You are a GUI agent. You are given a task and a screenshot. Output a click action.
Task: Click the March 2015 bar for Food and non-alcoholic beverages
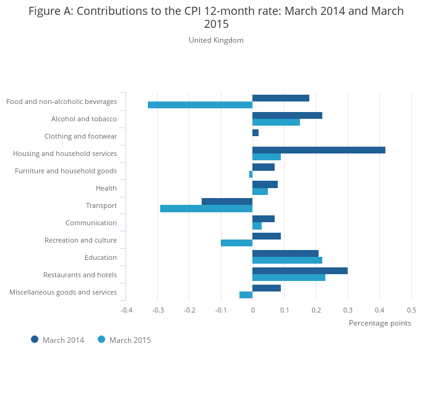point(200,105)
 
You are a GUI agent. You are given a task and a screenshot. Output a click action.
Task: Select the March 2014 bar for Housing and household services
point(319,150)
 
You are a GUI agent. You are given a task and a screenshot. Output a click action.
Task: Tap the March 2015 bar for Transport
point(206,209)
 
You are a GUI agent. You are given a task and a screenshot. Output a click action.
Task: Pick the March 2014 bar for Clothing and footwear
point(255,132)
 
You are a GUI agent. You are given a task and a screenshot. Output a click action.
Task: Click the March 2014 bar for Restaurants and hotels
point(300,270)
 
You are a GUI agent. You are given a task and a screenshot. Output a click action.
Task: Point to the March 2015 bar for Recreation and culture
point(236,243)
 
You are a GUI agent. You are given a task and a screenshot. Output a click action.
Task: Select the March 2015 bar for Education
point(287,260)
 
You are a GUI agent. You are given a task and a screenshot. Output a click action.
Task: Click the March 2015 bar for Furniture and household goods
point(251,174)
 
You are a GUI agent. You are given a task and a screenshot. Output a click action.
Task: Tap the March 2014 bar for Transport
point(227,201)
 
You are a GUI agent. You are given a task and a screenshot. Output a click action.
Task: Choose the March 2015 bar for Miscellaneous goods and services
point(246,295)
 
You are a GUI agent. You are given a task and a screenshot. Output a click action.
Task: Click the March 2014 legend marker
point(35,339)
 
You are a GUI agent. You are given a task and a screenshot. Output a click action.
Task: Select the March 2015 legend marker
point(101,339)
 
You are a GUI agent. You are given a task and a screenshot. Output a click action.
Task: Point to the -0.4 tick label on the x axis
point(126,310)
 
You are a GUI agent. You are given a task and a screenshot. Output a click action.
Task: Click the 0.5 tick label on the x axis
point(411,310)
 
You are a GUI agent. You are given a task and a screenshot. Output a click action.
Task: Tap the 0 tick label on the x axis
point(252,310)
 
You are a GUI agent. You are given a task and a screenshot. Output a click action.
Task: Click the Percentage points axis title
point(380,323)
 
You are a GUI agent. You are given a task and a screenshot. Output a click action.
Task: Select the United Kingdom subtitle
point(216,40)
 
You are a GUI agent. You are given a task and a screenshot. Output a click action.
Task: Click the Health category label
point(106,188)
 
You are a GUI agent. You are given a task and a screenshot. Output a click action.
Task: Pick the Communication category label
point(91,223)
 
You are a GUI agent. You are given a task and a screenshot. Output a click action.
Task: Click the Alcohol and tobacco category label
point(84,119)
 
